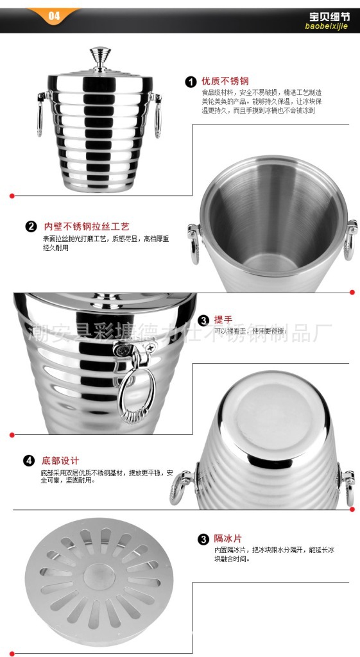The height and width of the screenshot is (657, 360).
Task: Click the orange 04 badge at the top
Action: point(54,15)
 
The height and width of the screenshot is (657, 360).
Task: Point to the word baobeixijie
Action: point(325,26)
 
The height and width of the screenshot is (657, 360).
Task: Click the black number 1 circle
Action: point(191,81)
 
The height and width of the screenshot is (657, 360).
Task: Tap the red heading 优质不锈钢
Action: point(225,81)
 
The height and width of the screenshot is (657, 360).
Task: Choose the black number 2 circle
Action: point(31,226)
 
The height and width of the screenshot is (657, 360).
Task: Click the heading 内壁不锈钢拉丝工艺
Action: point(87,226)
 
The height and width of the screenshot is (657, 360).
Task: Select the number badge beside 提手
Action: point(203,320)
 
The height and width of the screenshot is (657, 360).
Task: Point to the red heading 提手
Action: point(223,320)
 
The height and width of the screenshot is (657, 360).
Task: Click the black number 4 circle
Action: point(29,461)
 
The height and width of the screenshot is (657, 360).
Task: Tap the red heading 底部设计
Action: point(60,461)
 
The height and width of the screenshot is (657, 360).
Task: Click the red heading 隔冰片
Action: point(228,538)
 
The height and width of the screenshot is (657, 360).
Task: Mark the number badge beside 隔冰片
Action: point(203,539)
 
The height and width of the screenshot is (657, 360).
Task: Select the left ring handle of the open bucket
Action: point(193,244)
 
